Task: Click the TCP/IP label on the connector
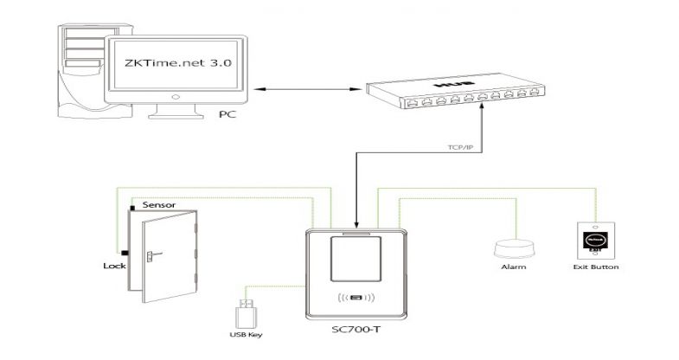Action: click(450, 149)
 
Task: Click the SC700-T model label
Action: click(355, 332)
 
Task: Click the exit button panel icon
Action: click(596, 240)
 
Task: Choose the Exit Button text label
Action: click(596, 268)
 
